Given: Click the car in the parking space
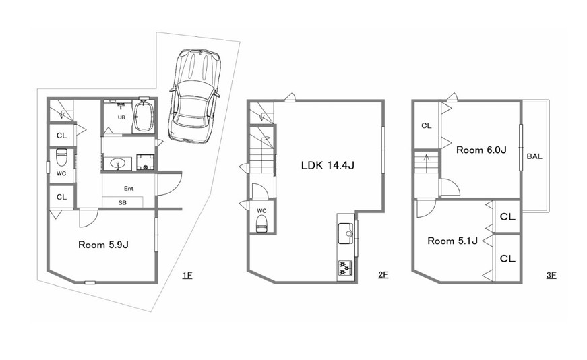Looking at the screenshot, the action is tap(195, 96).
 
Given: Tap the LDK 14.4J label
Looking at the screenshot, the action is tap(328, 165).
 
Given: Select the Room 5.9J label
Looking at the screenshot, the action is tap(103, 245).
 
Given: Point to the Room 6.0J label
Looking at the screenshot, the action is tap(481, 150).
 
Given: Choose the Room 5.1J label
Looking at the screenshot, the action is tap(453, 241).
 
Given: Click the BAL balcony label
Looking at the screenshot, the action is tap(534, 156).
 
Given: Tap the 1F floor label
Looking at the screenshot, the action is tap(187, 276).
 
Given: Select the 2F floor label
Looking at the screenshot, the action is tap(383, 275).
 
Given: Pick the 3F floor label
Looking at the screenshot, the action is tap(551, 275).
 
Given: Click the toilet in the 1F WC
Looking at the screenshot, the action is tap(61, 157).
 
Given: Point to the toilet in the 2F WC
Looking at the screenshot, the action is tap(261, 224).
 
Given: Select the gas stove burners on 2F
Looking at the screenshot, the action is tap(346, 268).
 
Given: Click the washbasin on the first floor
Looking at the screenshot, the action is tap(118, 164).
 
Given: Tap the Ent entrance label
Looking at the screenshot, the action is tap(129, 189).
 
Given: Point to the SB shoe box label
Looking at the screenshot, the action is tap(123, 203).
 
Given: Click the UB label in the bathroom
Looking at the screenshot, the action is tap(121, 117).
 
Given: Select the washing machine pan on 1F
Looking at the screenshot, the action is tap(146, 162).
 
